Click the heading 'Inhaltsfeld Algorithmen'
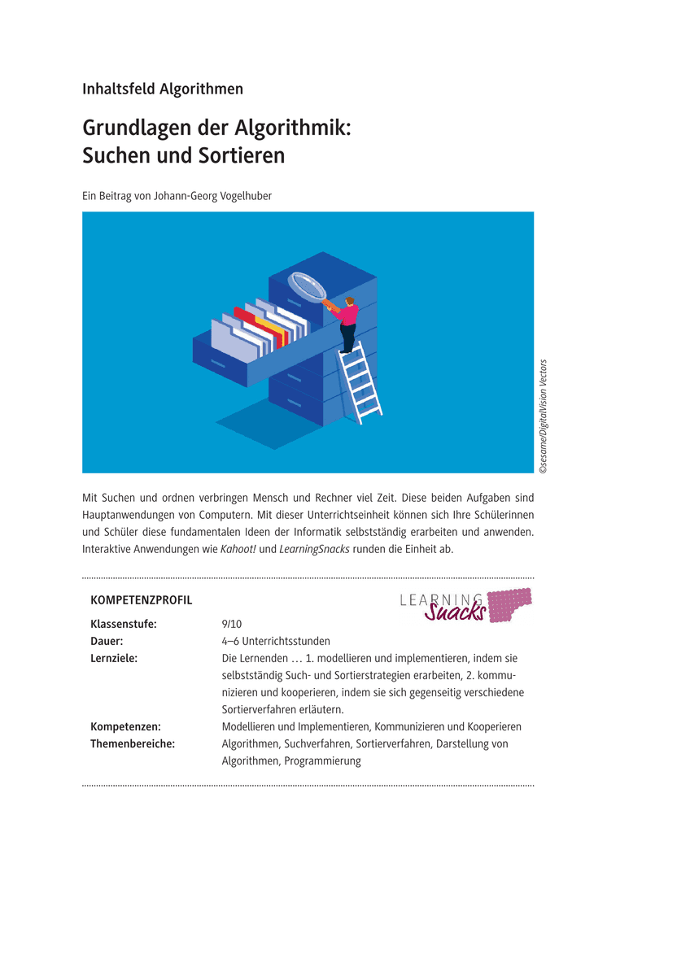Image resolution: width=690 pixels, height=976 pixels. pos(163,89)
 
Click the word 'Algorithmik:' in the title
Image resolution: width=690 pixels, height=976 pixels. pos(292,128)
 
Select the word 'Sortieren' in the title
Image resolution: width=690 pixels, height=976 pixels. pos(243,155)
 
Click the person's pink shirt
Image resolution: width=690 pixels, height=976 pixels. pos(349,313)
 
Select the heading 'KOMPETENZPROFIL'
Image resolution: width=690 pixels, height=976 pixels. pos(142,600)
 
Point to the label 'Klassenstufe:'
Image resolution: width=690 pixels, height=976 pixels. pos(124,624)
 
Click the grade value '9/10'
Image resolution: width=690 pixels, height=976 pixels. pos(232,624)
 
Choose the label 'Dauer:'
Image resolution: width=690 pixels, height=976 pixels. pos(107,641)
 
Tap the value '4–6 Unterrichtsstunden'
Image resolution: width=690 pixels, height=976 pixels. pos(276,641)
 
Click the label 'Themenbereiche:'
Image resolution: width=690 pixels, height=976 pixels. pos(133,743)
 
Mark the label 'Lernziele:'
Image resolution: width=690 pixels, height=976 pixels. pos(114,658)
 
